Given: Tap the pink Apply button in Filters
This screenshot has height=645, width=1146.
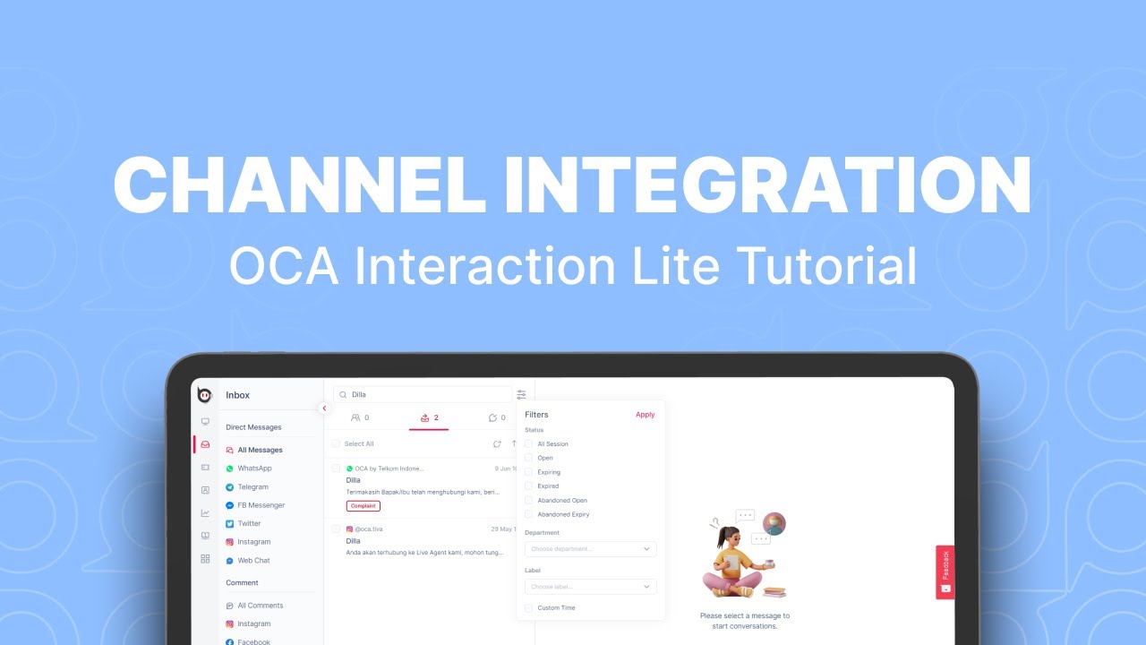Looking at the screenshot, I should point(645,415).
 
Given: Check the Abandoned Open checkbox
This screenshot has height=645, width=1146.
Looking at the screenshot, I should point(529,500).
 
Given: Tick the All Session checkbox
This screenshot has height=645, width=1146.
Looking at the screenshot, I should point(529,443).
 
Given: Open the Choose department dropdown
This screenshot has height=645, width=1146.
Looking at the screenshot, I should point(590,548).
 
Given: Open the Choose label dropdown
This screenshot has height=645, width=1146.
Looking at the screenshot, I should point(590,587).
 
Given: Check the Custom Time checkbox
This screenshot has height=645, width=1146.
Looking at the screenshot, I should point(529,608).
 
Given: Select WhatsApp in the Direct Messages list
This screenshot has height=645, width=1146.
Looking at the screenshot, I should point(254,469).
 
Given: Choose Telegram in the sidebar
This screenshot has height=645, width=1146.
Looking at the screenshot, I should point(252,487).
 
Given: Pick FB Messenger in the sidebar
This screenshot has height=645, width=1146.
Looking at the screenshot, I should point(261,505).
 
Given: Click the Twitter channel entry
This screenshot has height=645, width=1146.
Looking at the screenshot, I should point(249,524).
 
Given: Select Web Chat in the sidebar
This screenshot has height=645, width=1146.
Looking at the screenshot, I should point(253,561).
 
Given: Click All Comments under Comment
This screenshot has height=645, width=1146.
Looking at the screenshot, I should point(260,606).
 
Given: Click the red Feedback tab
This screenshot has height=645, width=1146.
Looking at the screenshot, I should point(945,572).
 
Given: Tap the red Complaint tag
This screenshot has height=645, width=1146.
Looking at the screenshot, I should point(363,506).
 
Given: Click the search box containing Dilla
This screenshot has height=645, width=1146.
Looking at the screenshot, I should point(423,394).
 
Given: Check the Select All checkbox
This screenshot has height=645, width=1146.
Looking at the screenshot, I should point(336,443).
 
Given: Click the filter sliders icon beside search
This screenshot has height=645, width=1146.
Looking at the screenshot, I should point(521,394).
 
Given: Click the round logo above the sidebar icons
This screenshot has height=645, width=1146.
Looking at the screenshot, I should point(205,395).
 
